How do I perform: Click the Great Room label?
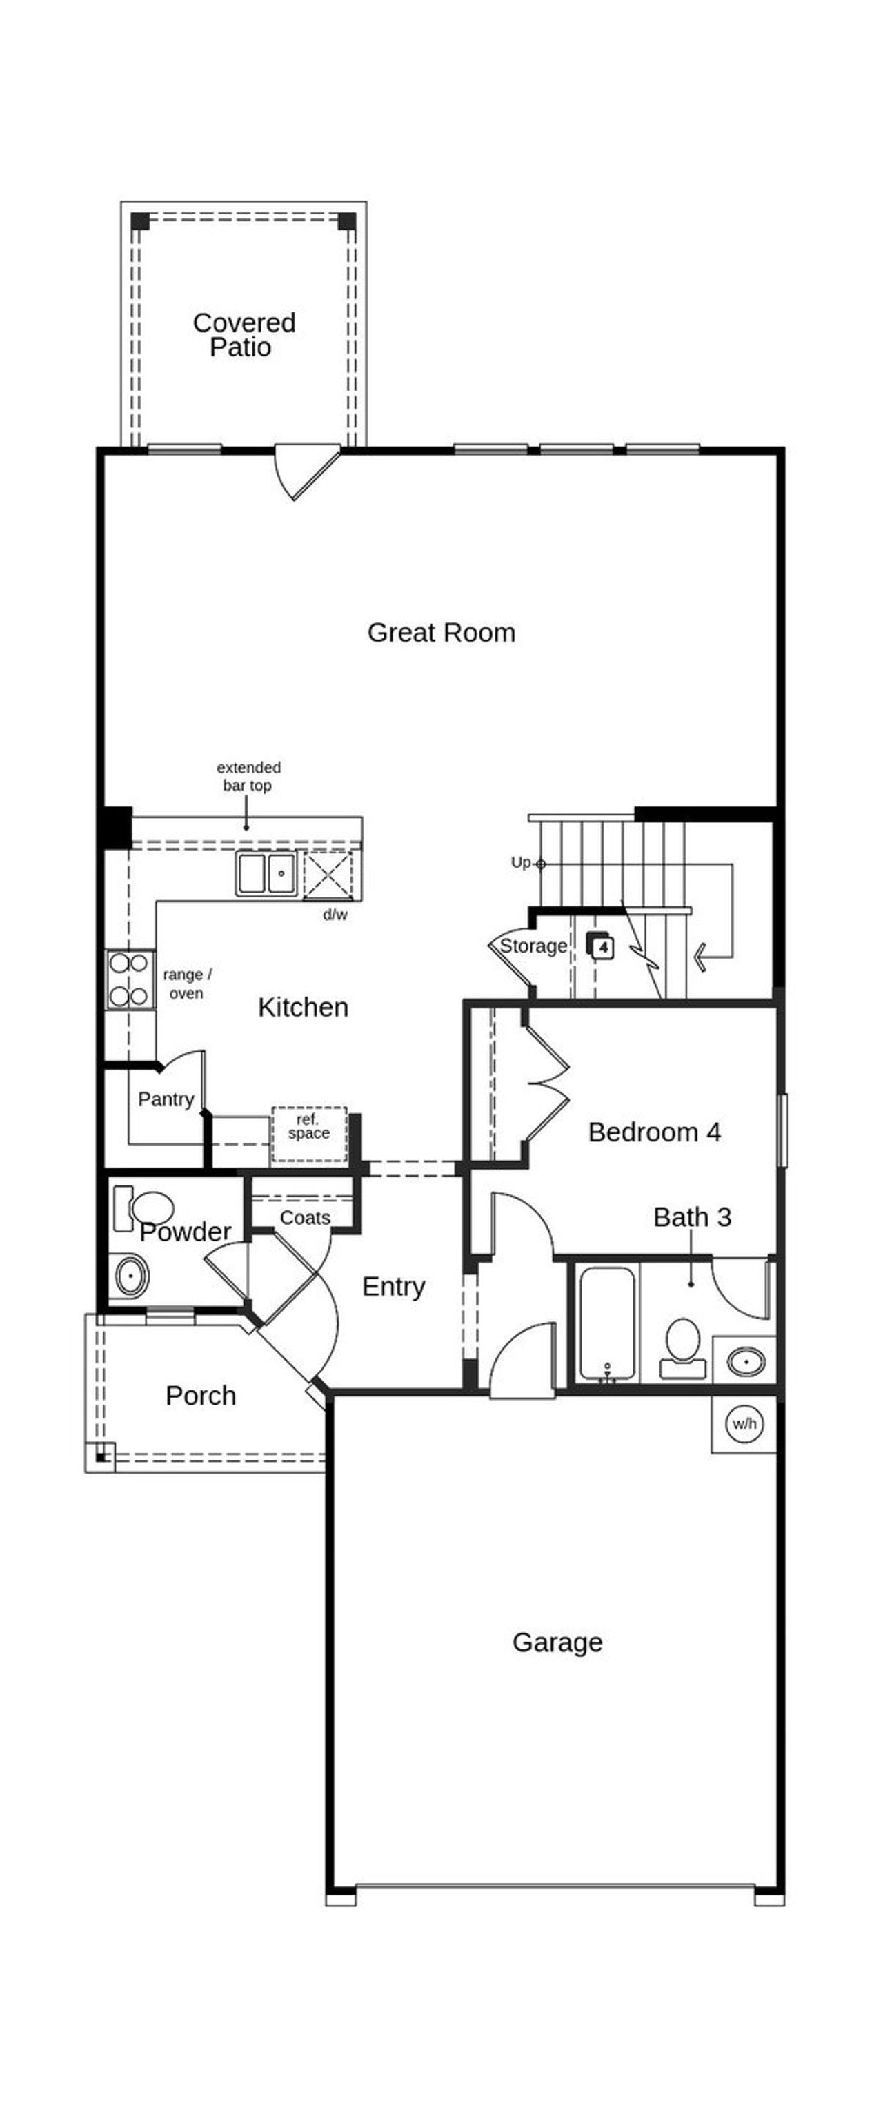441,632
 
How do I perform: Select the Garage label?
557,1642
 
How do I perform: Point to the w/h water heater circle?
744,1423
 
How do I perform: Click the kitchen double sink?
266,873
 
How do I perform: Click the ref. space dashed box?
308,1133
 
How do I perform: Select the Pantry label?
166,1099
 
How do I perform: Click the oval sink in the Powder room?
131,1276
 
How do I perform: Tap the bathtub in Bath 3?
606,1323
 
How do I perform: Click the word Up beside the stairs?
520,862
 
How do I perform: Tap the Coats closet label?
304,1218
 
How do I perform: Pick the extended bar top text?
248,776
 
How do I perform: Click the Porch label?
201,1396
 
